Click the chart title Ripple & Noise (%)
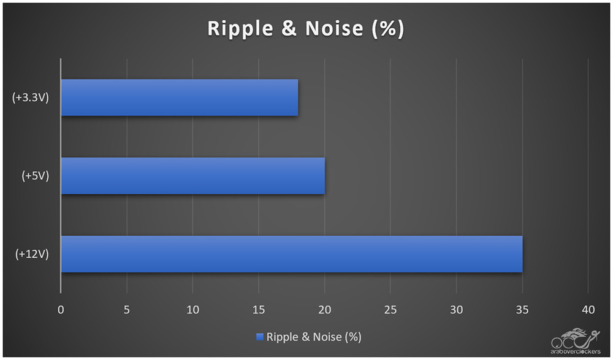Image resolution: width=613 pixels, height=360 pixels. click(306, 29)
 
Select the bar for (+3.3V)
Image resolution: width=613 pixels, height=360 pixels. click(179, 98)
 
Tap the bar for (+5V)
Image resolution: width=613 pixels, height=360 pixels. click(192, 176)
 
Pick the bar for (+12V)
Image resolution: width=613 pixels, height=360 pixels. click(291, 254)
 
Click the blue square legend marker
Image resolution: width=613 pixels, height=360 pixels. click(259, 337)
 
